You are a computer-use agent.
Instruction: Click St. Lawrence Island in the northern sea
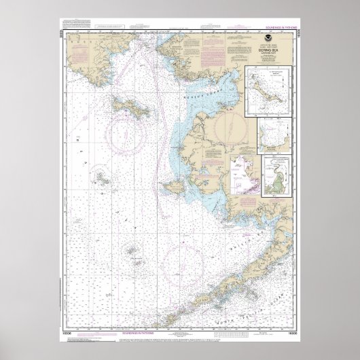(128, 106)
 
